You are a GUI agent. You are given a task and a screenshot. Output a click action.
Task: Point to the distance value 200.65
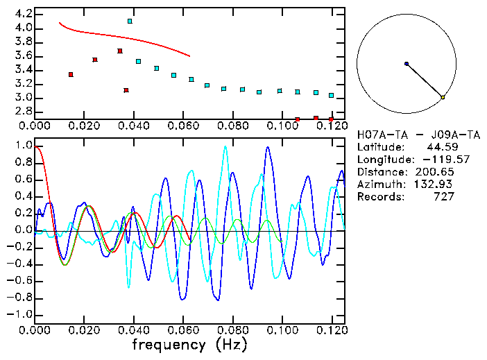click(436, 172)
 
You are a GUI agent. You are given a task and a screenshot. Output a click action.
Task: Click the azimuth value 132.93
click(436, 185)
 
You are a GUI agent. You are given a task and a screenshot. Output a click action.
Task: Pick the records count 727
click(443, 197)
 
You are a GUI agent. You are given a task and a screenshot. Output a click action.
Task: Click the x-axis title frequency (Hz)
click(189, 345)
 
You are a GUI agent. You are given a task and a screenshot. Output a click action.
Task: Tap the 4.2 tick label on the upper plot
click(23, 14)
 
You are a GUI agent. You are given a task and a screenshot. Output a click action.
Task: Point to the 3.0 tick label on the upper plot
click(23, 98)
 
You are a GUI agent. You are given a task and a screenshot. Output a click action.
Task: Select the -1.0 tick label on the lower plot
click(20, 314)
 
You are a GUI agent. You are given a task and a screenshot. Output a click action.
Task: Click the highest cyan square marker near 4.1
click(130, 22)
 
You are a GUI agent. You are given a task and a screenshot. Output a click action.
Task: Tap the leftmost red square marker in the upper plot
click(71, 74)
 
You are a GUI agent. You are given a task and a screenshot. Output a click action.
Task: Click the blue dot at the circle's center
click(407, 64)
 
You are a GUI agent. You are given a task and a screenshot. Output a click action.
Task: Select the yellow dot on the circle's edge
click(443, 97)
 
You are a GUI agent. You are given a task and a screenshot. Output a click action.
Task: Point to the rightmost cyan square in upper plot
click(331, 95)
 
